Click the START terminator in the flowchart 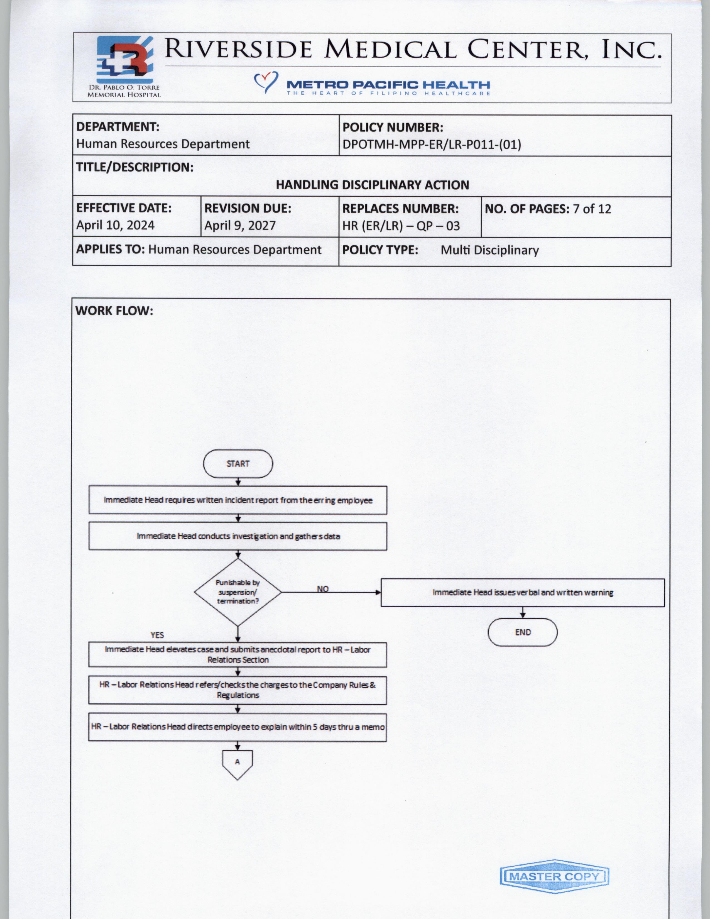238,464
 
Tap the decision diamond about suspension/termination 238,592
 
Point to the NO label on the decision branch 323,589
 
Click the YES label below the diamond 157,635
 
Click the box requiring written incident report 238,500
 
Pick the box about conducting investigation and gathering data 238,536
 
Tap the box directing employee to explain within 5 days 238,727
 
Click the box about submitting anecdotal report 238,654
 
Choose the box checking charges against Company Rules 238,690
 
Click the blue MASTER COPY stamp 554,876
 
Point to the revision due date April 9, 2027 240,226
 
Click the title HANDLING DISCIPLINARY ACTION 372,185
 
